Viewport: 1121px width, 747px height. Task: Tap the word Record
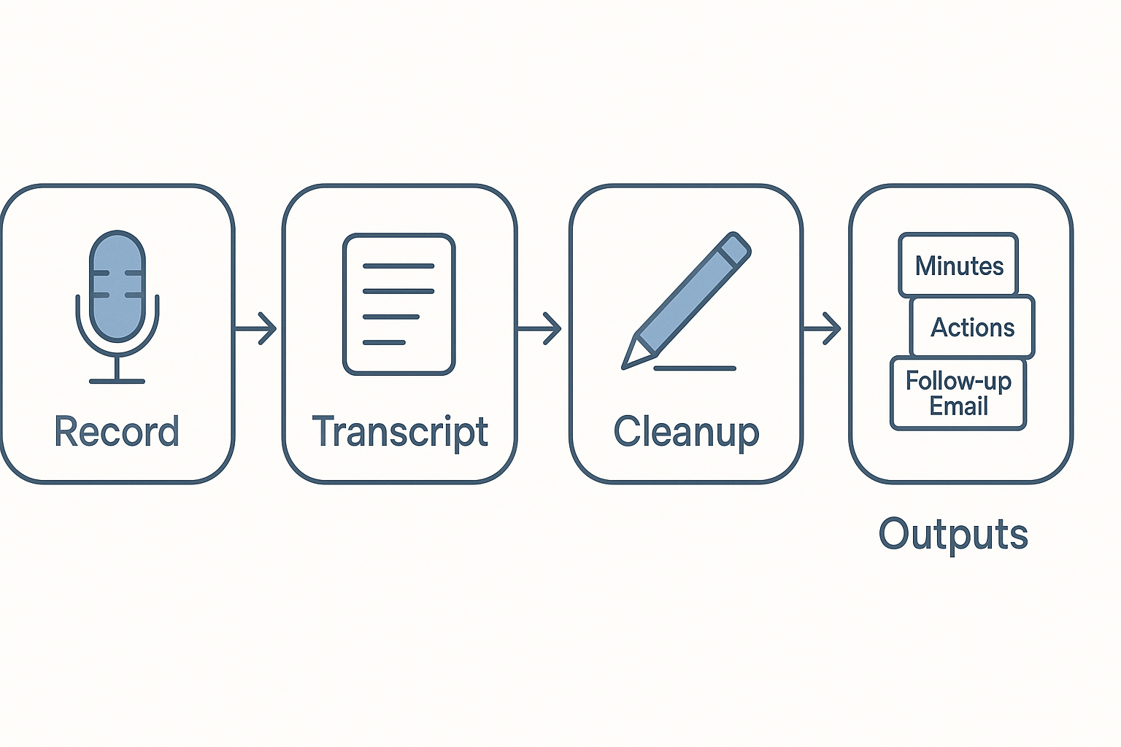pyautogui.click(x=117, y=431)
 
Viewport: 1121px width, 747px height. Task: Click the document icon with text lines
pyautogui.click(x=399, y=304)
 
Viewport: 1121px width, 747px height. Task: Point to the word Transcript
pyautogui.click(x=400, y=431)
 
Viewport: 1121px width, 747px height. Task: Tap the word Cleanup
pyautogui.click(x=686, y=431)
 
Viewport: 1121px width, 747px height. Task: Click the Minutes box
pyautogui.click(x=958, y=265)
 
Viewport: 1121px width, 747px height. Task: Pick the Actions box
pyautogui.click(x=972, y=327)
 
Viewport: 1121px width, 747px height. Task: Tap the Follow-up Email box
pyautogui.click(x=958, y=393)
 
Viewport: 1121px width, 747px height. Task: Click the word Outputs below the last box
pyautogui.click(x=953, y=534)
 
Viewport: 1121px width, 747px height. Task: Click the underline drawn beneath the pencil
pyautogui.click(x=695, y=368)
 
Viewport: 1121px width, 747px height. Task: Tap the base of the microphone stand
pyautogui.click(x=117, y=381)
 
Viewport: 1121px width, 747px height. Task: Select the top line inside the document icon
pyautogui.click(x=398, y=266)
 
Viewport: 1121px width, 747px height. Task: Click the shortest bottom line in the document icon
pyautogui.click(x=384, y=342)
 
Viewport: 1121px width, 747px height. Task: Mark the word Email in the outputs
pyautogui.click(x=958, y=406)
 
